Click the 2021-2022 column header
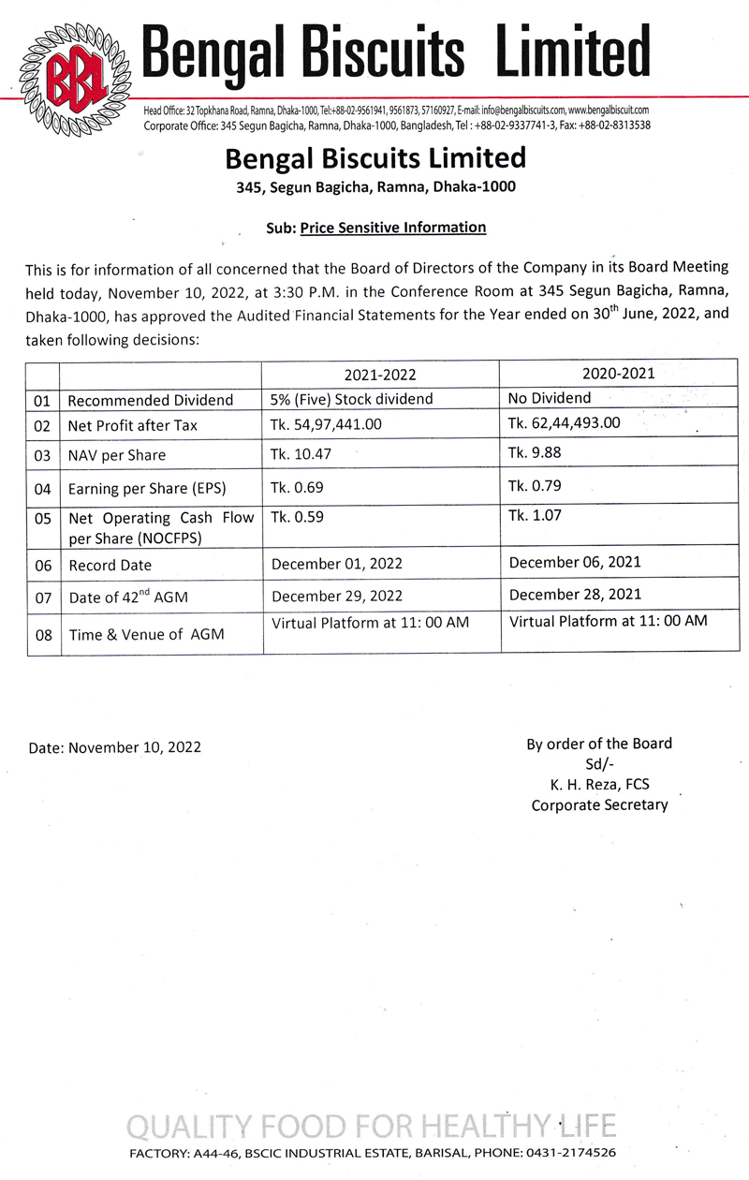click(x=380, y=375)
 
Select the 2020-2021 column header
click(x=616, y=372)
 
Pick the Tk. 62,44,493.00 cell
click(x=564, y=422)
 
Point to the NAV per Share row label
click(x=117, y=455)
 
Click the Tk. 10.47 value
click(x=301, y=454)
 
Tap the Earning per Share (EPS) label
click(x=147, y=489)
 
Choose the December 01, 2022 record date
click(x=337, y=563)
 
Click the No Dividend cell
click(x=550, y=397)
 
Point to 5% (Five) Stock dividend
click(x=352, y=399)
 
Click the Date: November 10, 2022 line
click(x=113, y=747)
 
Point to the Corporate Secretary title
click(x=599, y=804)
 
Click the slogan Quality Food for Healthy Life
click(x=373, y=1125)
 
